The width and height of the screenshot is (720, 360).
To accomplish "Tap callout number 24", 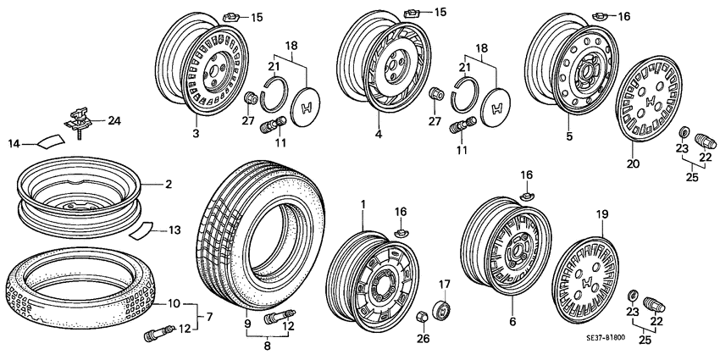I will tap(114, 120).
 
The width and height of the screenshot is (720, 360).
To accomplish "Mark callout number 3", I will tap(195, 135).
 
